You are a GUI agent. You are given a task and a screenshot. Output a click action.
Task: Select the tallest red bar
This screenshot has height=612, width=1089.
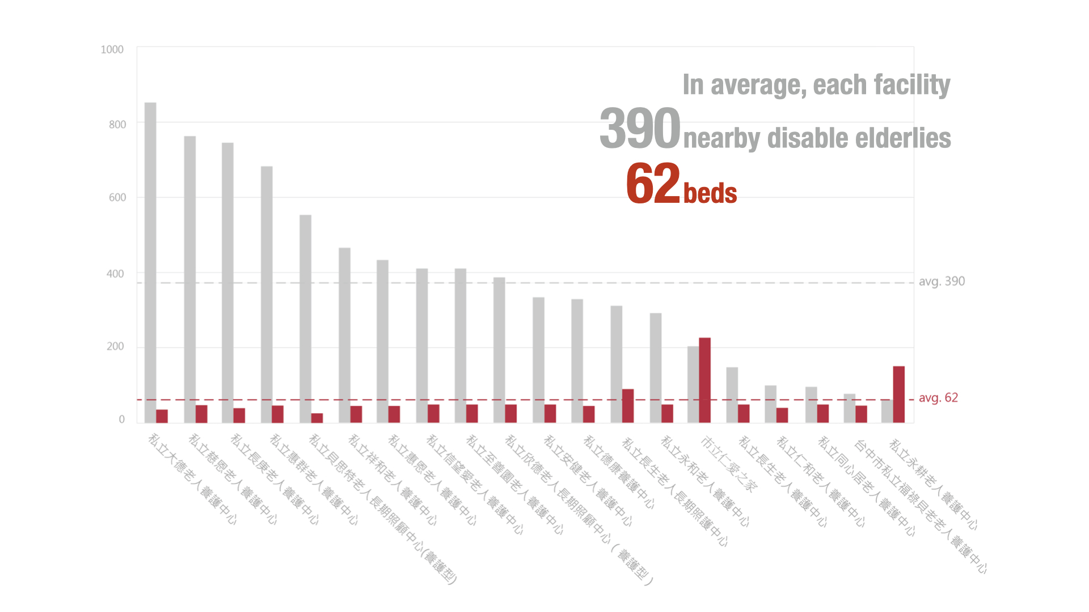pos(704,380)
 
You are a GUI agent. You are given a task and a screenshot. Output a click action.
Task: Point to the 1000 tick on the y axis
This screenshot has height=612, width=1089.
pos(112,50)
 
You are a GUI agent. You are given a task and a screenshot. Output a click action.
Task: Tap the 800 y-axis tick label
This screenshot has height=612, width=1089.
pos(117,125)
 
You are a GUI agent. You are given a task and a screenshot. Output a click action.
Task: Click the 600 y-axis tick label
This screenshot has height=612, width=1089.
pos(117,198)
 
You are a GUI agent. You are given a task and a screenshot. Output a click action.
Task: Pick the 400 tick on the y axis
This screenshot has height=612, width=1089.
pos(115,274)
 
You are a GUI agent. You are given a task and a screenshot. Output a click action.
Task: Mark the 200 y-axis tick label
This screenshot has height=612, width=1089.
pos(115,347)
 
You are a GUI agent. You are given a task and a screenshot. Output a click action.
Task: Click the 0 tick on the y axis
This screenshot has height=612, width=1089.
pos(121,419)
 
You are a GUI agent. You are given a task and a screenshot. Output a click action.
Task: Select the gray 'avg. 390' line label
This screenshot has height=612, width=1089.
pos(942,282)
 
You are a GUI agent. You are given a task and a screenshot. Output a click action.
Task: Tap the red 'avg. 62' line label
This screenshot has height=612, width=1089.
pos(938,398)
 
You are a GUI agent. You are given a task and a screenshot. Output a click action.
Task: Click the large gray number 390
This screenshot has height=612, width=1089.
pos(640,129)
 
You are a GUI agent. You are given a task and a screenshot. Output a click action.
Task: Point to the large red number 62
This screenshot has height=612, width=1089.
pos(653,183)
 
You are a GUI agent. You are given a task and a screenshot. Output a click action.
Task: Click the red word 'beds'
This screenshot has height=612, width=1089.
pos(710,193)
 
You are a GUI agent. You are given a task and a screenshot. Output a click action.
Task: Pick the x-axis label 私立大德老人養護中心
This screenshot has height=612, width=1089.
pos(192,479)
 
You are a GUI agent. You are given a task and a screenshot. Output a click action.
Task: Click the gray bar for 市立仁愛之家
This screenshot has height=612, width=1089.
pos(693,384)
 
